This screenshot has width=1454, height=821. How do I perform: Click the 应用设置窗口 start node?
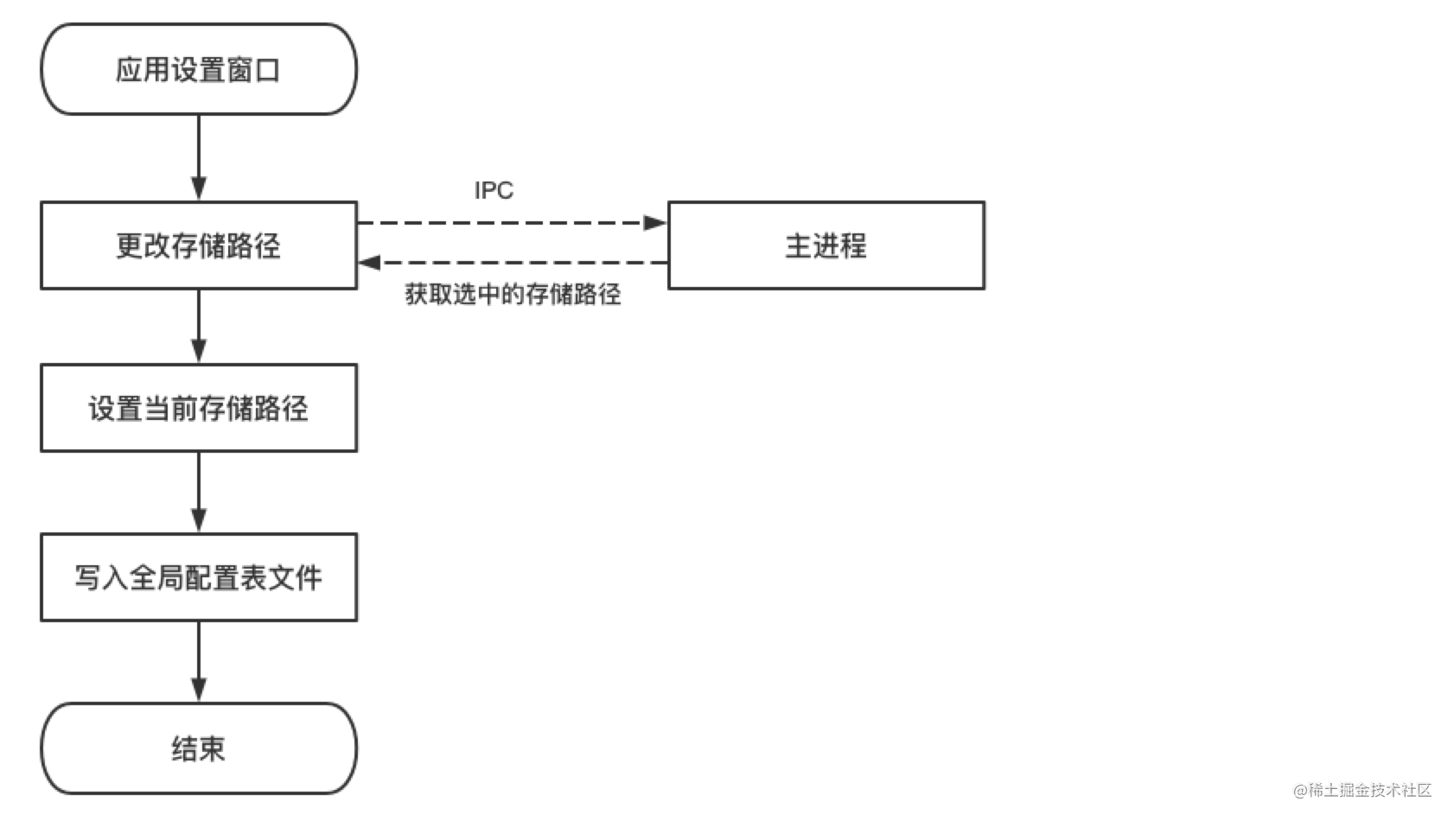point(199,69)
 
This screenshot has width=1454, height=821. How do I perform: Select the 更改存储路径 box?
point(199,245)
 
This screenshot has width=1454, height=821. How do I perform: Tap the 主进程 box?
point(826,245)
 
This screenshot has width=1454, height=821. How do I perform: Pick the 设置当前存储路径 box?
point(199,408)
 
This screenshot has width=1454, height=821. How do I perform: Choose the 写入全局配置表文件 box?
point(199,577)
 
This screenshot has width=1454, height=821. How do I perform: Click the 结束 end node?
point(199,748)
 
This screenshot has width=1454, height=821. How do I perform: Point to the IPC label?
point(494,190)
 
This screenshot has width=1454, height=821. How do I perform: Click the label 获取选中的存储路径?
point(513,295)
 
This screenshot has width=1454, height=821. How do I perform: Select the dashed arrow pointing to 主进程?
point(510,223)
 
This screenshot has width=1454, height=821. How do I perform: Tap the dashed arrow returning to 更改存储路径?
point(510,263)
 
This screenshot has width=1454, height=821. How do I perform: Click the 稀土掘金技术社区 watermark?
point(1369,790)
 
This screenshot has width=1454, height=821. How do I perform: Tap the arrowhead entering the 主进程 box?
point(656,223)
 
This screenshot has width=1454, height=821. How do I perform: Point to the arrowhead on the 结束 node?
point(199,691)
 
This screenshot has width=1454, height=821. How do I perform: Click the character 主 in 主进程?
point(797,245)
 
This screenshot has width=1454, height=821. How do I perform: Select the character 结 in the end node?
point(185,748)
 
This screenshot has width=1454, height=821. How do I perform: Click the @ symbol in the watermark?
point(1300,791)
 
